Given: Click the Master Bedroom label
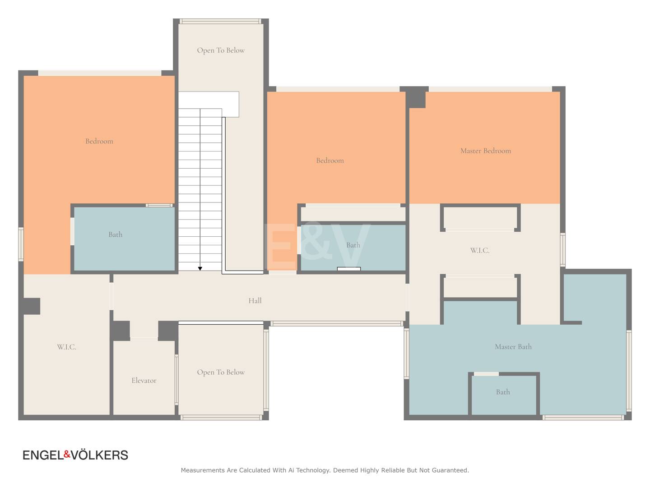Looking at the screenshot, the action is point(485,151).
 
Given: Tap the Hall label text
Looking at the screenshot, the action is point(255,301).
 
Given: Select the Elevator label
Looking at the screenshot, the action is point(144,380).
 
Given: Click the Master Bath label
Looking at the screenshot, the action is point(513,347).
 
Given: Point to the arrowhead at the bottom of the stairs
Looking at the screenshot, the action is point(200,268).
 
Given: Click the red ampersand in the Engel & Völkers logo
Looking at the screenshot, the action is point(67,454).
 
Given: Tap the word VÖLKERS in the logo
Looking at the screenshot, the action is point(99,455).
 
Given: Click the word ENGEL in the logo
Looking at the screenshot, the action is point(43,455).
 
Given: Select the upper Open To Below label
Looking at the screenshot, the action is point(221,51).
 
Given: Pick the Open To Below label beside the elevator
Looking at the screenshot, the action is point(221,372).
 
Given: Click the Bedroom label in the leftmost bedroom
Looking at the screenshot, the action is point(99,141).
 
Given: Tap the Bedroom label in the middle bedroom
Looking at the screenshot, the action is point(330,161).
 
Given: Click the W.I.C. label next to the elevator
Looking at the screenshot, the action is point(67,347).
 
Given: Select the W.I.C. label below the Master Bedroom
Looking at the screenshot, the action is point(480,250).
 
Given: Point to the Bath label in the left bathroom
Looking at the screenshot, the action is point(115,234).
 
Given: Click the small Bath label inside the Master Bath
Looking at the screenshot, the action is point(503,392).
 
